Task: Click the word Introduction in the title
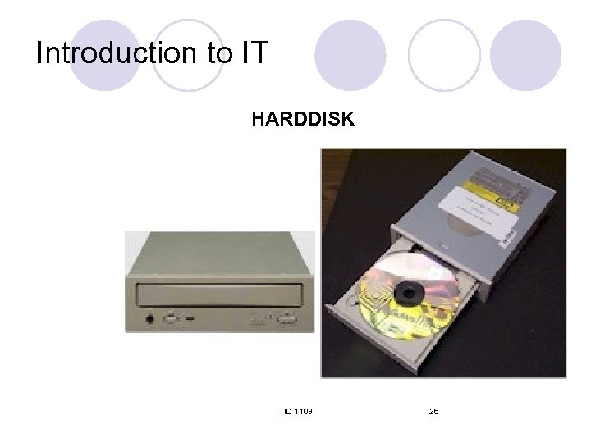click(x=110, y=53)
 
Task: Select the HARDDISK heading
click(x=303, y=120)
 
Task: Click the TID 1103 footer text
click(x=295, y=410)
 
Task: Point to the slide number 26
click(x=433, y=410)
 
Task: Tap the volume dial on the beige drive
click(x=172, y=317)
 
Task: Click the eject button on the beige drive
click(x=287, y=317)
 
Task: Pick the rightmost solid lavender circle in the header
click(x=525, y=55)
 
